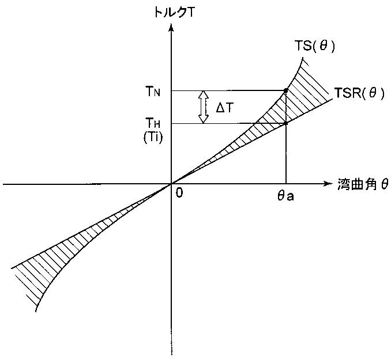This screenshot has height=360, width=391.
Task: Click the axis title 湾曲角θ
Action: pyautogui.click(x=363, y=184)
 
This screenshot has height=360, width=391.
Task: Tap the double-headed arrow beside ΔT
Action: pyautogui.click(x=202, y=107)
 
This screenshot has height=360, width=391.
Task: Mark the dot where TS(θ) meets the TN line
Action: pyautogui.click(x=286, y=90)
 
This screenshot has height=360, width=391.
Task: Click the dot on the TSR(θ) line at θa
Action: pyautogui.click(x=286, y=123)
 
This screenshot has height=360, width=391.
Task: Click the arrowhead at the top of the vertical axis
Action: pyautogui.click(x=171, y=25)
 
